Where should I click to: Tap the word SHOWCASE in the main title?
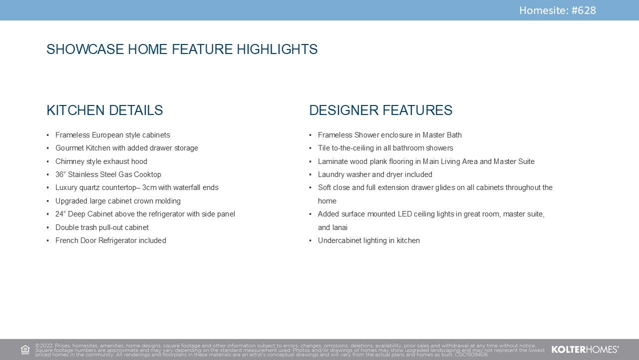pos(85,49)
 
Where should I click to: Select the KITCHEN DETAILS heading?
pos(105,110)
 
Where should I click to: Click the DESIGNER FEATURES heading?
pos(381,110)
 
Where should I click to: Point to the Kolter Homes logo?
pos(585,349)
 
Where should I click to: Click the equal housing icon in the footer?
pos(25,349)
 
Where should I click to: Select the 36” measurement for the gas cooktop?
pos(60,174)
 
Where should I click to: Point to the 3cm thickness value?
pos(149,187)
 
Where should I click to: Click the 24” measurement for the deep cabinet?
pos(60,214)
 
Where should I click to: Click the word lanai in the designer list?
pos(340,227)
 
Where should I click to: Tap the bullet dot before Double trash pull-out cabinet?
pos(48,227)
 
